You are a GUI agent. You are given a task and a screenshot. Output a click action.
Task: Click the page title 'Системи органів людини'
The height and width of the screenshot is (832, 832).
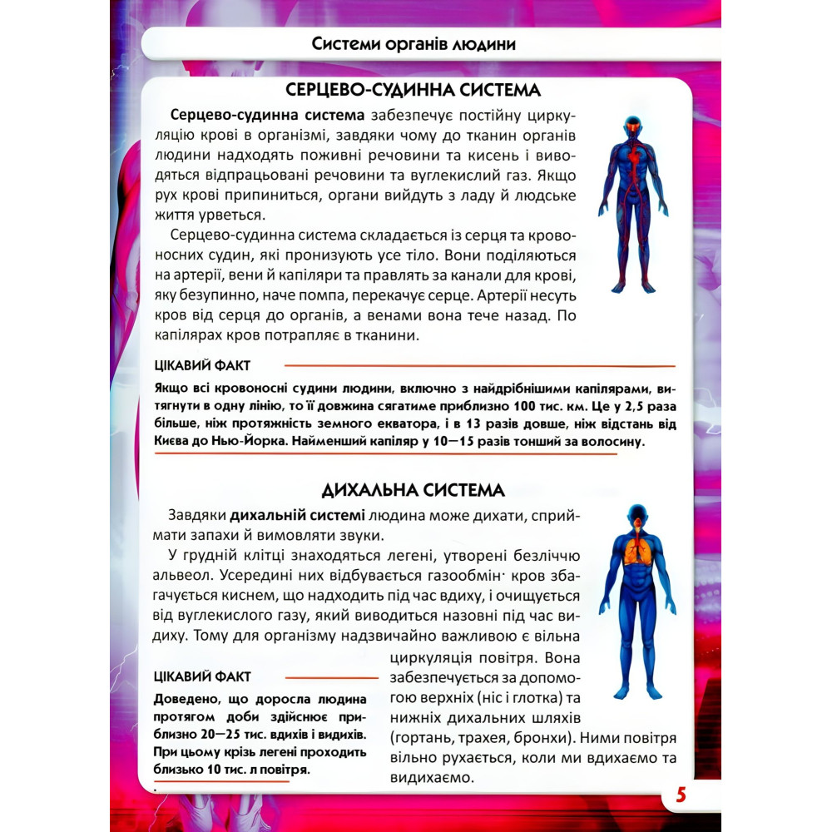tap(414, 44)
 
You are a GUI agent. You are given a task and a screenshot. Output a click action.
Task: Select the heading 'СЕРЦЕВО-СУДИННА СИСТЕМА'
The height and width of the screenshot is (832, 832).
tap(414, 90)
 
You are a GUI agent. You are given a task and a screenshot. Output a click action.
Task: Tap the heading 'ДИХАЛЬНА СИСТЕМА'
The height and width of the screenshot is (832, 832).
tap(414, 489)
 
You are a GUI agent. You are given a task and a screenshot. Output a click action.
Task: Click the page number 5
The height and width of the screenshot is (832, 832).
tap(681, 795)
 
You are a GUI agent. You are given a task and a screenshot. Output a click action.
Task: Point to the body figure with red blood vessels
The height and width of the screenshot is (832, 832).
tap(633, 204)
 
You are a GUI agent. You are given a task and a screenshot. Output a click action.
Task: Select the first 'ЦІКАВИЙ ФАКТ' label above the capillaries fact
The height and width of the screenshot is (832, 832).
tap(203, 365)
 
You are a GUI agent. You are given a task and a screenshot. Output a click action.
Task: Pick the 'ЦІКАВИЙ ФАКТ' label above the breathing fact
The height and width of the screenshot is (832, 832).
tap(203, 676)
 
